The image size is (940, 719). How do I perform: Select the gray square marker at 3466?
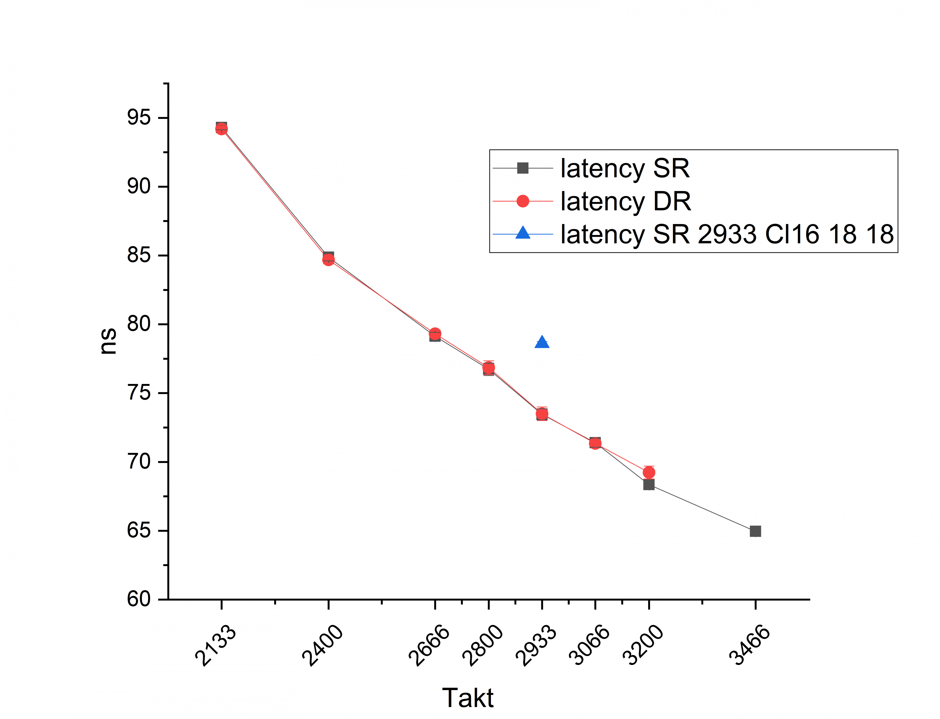[x=755, y=531]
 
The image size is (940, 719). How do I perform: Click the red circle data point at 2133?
[x=222, y=129]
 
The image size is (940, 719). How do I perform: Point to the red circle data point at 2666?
[x=435, y=333]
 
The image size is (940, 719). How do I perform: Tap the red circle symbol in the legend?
[x=523, y=201]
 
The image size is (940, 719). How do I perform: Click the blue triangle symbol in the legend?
[x=523, y=233]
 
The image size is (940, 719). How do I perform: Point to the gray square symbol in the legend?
[x=523, y=168]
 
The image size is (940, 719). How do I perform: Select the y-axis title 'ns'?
[x=108, y=341]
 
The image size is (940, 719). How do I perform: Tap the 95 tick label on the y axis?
[x=139, y=118]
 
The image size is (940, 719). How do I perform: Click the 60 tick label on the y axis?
[x=139, y=599]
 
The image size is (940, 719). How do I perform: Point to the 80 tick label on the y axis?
[x=139, y=324]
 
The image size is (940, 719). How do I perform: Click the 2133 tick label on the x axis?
[x=215, y=645]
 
